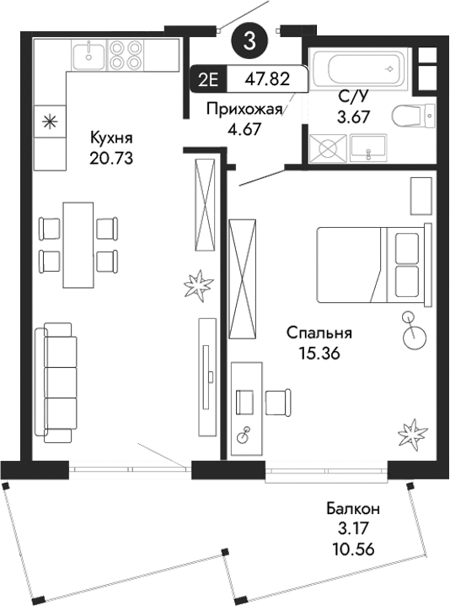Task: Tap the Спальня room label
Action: tap(318, 333)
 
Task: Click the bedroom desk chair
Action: tap(276, 403)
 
